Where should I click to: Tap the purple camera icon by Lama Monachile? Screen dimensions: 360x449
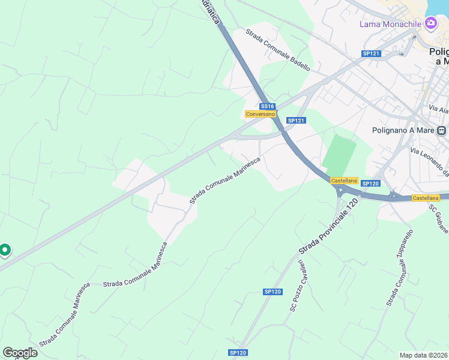430,23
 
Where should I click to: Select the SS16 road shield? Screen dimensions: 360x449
267,106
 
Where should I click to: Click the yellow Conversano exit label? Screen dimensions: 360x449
260,114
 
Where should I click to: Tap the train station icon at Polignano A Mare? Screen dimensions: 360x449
442,130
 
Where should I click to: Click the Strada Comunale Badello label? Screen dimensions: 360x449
277,50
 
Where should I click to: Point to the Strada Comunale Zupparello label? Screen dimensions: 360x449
400,268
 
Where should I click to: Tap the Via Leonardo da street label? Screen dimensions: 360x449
430,162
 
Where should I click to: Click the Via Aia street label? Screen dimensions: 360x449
439,110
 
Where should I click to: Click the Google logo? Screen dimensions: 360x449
20,352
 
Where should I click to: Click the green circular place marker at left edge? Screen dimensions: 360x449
5,250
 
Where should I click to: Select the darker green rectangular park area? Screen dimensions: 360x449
339,154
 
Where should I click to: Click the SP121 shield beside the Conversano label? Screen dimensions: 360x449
297,121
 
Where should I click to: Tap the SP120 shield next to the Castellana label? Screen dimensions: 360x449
372,183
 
